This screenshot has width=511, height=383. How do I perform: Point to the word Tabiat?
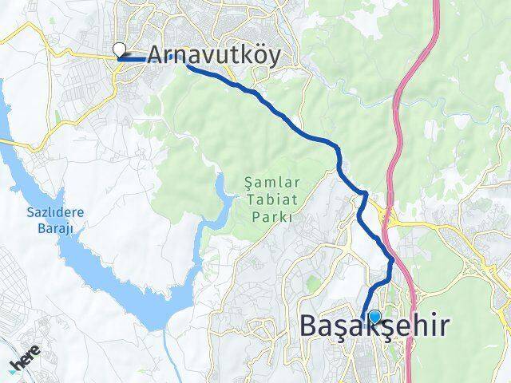[267, 199]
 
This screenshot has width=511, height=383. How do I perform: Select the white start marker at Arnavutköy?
[120, 49]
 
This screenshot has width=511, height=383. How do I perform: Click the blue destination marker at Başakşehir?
[374, 316]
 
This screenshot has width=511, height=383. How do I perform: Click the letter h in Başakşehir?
[422, 326]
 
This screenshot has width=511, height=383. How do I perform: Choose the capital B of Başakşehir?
[311, 326]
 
